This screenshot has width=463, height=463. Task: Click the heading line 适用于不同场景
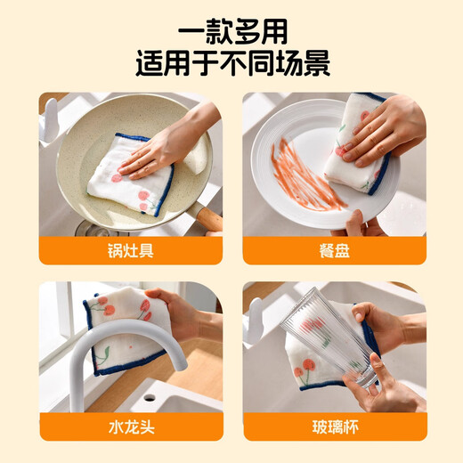point(231,65)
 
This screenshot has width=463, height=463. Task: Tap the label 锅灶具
point(130,250)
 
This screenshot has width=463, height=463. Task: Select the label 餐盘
point(334,250)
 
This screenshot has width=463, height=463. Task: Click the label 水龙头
point(130,426)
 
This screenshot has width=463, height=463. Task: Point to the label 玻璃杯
point(334,426)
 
